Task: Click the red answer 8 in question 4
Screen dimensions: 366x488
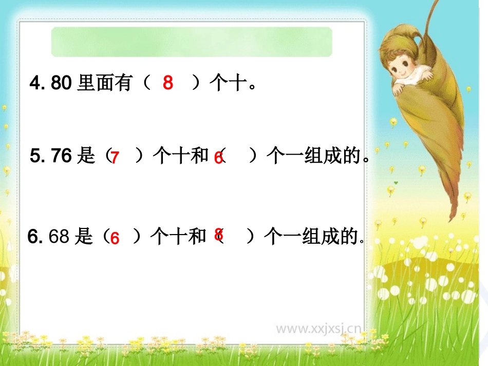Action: click(x=168, y=82)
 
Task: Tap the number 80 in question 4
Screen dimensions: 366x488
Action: click(x=61, y=83)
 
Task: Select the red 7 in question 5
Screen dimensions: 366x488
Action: click(x=115, y=158)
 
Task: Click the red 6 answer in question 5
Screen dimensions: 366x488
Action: click(x=218, y=159)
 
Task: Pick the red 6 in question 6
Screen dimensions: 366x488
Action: click(x=115, y=238)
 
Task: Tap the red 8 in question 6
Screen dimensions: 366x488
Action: click(x=219, y=235)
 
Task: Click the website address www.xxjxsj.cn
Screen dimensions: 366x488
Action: click(x=318, y=328)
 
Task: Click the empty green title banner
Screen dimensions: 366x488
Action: click(x=192, y=42)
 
